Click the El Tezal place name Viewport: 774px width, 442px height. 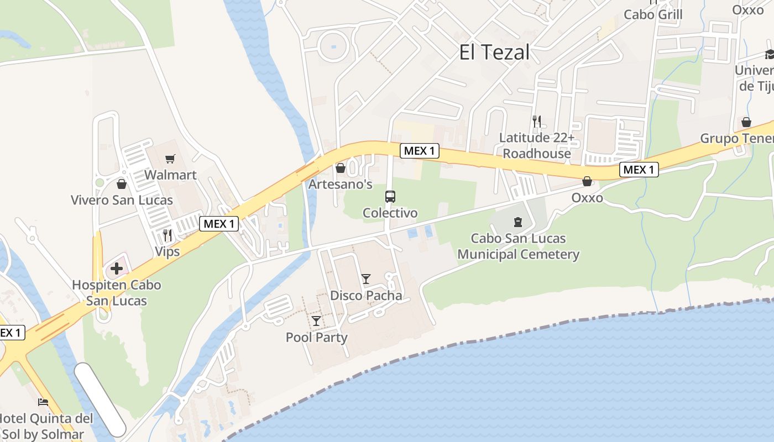click(494, 52)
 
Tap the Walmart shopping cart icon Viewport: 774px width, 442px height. click(170, 159)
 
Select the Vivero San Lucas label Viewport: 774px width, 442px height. click(122, 200)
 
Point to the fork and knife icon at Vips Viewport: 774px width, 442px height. click(168, 236)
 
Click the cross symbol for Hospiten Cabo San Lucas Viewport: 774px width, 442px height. click(117, 269)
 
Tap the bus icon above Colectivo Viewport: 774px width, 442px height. click(390, 196)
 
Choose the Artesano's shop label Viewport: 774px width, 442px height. click(340, 184)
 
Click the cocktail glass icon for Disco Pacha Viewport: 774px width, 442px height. click(366, 279)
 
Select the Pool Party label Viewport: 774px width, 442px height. click(316, 337)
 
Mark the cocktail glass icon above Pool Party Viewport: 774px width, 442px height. click(316, 321)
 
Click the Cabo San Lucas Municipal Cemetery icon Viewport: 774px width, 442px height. click(518, 223)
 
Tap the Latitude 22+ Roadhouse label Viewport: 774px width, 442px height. click(536, 145)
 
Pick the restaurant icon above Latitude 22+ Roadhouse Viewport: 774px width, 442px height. click(536, 121)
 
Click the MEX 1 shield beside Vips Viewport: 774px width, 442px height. click(219, 224)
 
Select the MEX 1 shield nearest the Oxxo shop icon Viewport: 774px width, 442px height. click(639, 170)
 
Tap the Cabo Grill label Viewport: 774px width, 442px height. click(653, 14)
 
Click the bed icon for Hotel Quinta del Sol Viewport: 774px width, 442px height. click(43, 402)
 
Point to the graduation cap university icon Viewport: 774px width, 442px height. click(770, 54)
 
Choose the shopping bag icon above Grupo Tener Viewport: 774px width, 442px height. click(746, 122)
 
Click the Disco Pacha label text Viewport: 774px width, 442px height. click(366, 296)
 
